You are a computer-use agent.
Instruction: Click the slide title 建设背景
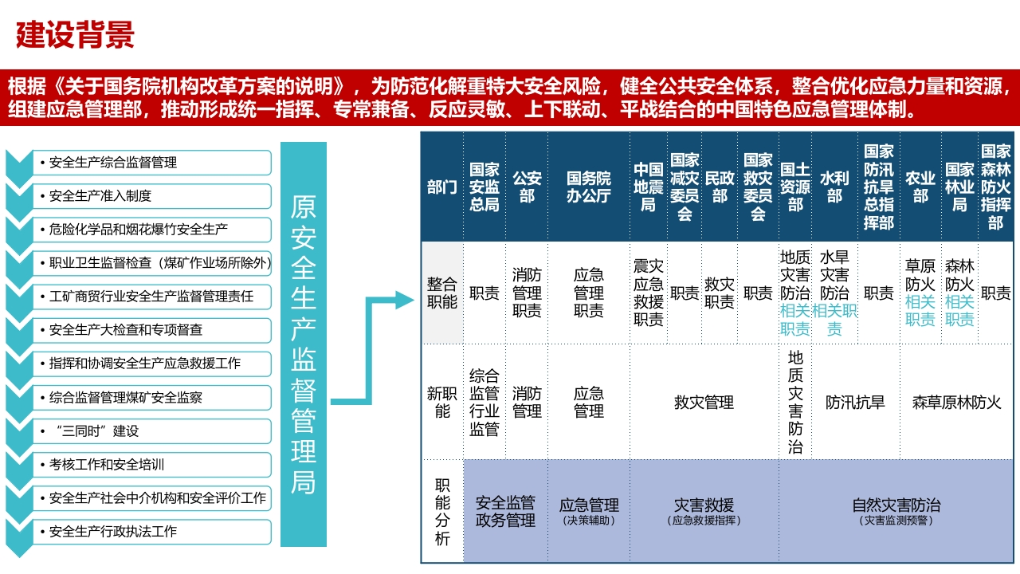point(75,34)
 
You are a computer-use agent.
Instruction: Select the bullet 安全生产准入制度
point(100,196)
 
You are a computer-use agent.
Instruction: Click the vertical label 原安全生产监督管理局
point(304,344)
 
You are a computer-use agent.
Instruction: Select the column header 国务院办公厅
point(589,187)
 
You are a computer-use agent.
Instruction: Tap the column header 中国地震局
point(649,187)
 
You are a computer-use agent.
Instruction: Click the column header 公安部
point(527,187)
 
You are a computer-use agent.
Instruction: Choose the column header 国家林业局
point(959,187)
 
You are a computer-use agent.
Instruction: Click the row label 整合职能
point(441,293)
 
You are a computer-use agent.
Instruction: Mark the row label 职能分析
point(442,512)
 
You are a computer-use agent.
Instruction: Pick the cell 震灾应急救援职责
point(649,293)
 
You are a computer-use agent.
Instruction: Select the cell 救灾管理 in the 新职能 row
point(704,403)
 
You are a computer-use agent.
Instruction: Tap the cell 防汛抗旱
point(855,403)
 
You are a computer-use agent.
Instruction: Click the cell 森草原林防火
point(957,403)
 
